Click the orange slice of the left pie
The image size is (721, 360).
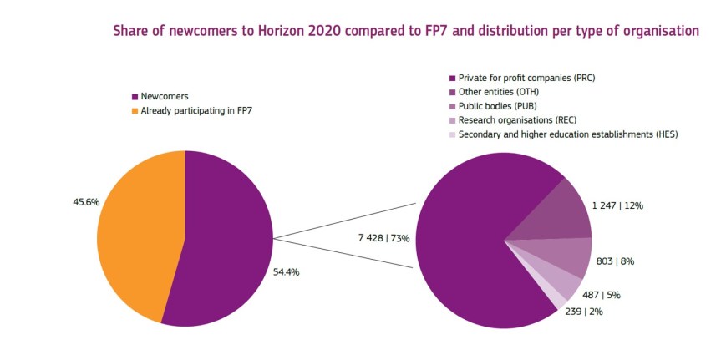click(x=138, y=234)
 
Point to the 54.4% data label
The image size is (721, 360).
click(x=287, y=271)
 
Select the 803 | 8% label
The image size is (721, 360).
click(x=615, y=261)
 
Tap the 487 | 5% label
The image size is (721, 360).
click(x=602, y=294)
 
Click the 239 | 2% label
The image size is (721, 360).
click(x=583, y=311)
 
